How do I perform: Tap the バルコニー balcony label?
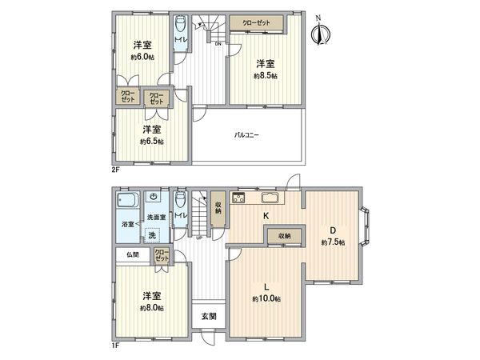click(247, 135)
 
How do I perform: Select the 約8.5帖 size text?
click(266, 76)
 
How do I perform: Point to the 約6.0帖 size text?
click(143, 58)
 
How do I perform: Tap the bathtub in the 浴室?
click(128, 200)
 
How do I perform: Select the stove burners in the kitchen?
click(238, 198)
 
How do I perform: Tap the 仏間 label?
click(132, 255)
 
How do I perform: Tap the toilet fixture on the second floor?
click(180, 26)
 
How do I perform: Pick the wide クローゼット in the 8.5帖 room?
click(258, 24)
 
